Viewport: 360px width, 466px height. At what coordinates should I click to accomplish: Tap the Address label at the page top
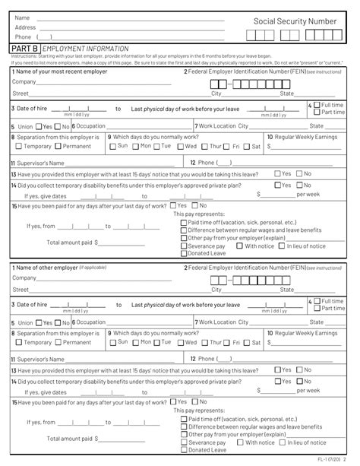click(25, 27)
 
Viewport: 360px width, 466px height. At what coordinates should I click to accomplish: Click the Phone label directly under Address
click(23, 36)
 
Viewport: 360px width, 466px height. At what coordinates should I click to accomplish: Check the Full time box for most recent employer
click(317, 104)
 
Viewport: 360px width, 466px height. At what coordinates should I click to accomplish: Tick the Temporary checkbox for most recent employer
click(19, 146)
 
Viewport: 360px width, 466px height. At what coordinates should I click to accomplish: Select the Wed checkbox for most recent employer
click(180, 146)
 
